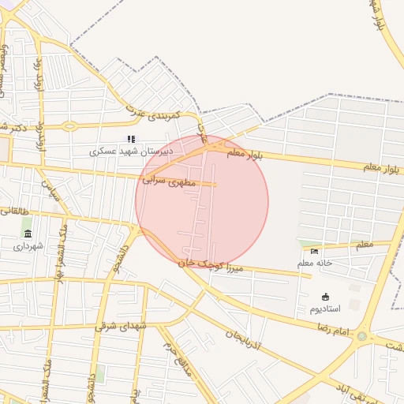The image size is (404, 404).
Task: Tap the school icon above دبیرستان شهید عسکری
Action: click(131, 139)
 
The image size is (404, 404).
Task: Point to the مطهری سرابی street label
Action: click(168, 181)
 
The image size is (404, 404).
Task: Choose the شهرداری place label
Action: click(29, 246)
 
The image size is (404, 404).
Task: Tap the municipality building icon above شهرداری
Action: click(28, 234)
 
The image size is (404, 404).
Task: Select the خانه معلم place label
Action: click(315, 263)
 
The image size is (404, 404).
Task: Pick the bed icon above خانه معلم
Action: click(315, 251)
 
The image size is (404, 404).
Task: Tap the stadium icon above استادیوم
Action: click(325, 297)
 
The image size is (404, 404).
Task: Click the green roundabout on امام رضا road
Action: click(361, 336)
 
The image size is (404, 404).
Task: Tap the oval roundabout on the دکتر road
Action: click(69, 125)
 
